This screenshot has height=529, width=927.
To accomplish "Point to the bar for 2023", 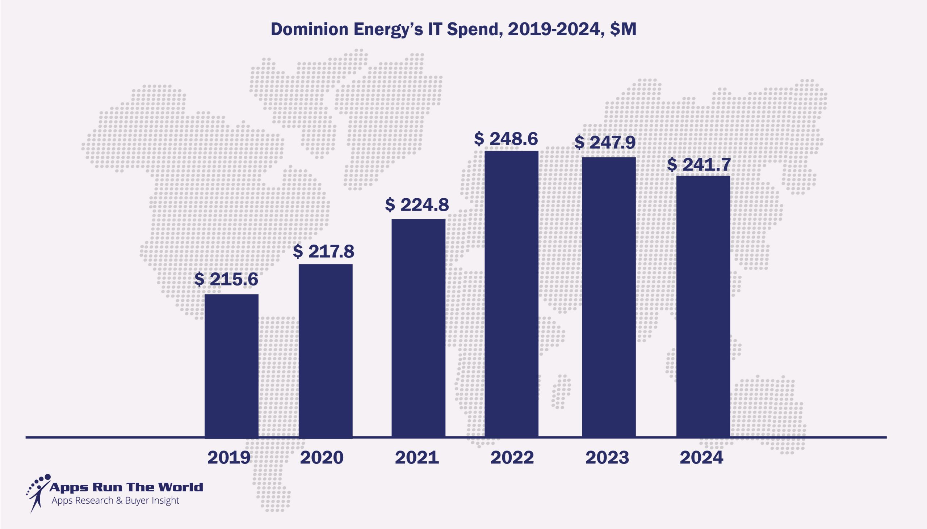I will (x=609, y=297).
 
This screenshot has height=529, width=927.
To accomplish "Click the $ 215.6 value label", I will (x=226, y=279).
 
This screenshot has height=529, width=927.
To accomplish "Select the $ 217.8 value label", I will (x=323, y=251).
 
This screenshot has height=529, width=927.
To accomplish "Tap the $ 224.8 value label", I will (x=417, y=205).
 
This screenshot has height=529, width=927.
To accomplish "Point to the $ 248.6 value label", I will (x=506, y=139).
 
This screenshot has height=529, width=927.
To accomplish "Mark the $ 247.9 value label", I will (x=605, y=143).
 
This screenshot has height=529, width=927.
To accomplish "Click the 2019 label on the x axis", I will (x=229, y=457).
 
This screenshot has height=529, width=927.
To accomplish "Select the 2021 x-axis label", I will (x=417, y=457).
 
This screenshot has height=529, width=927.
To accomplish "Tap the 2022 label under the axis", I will (x=512, y=457).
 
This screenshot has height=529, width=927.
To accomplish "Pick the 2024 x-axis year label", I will (x=702, y=457).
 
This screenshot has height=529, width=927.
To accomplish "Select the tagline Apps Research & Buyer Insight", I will (x=115, y=501).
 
